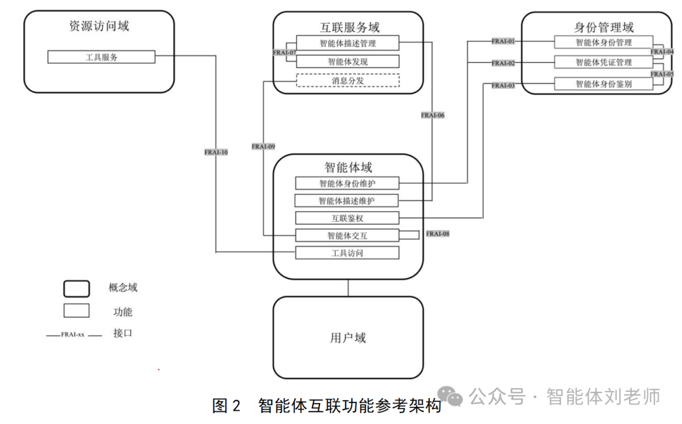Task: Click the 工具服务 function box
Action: click(101, 57)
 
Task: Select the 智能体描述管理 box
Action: click(348, 43)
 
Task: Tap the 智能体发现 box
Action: click(348, 62)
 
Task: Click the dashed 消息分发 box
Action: click(348, 80)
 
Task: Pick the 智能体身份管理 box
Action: click(603, 42)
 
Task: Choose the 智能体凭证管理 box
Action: click(603, 63)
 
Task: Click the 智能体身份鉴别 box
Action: click(603, 83)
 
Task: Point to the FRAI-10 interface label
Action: click(216, 152)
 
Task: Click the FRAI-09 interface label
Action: click(263, 147)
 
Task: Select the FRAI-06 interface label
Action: click(433, 115)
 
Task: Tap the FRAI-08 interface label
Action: click(438, 234)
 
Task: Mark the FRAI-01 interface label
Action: click(503, 42)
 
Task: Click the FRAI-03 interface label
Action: click(503, 85)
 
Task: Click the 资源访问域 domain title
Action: click(99, 27)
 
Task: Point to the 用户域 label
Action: click(348, 338)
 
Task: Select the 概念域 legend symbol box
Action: click(76, 288)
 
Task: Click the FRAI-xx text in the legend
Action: click(73, 334)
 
